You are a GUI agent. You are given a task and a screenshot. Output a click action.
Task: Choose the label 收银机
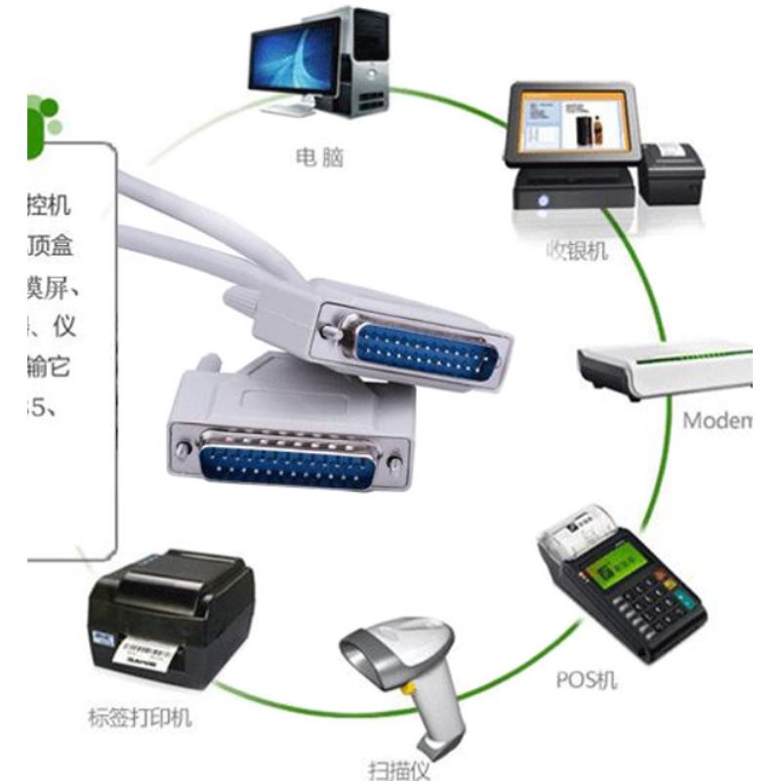point(577,250)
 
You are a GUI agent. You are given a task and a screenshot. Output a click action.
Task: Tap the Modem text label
point(717,422)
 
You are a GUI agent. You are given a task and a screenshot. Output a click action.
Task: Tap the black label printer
point(171,615)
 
